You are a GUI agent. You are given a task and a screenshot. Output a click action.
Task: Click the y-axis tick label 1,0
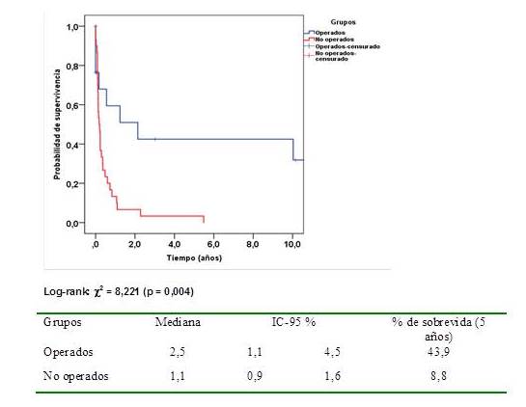click(73, 27)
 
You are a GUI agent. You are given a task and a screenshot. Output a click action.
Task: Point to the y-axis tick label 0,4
click(73, 145)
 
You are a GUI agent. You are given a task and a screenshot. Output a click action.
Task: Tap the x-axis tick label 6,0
click(213, 246)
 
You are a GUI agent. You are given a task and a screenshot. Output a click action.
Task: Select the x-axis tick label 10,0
click(292, 246)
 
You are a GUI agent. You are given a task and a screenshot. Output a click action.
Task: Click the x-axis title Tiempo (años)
click(194, 258)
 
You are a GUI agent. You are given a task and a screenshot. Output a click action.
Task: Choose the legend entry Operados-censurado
click(347, 45)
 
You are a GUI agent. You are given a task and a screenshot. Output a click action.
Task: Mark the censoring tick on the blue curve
click(154, 140)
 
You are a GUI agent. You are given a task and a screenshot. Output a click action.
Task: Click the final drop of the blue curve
click(293, 149)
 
